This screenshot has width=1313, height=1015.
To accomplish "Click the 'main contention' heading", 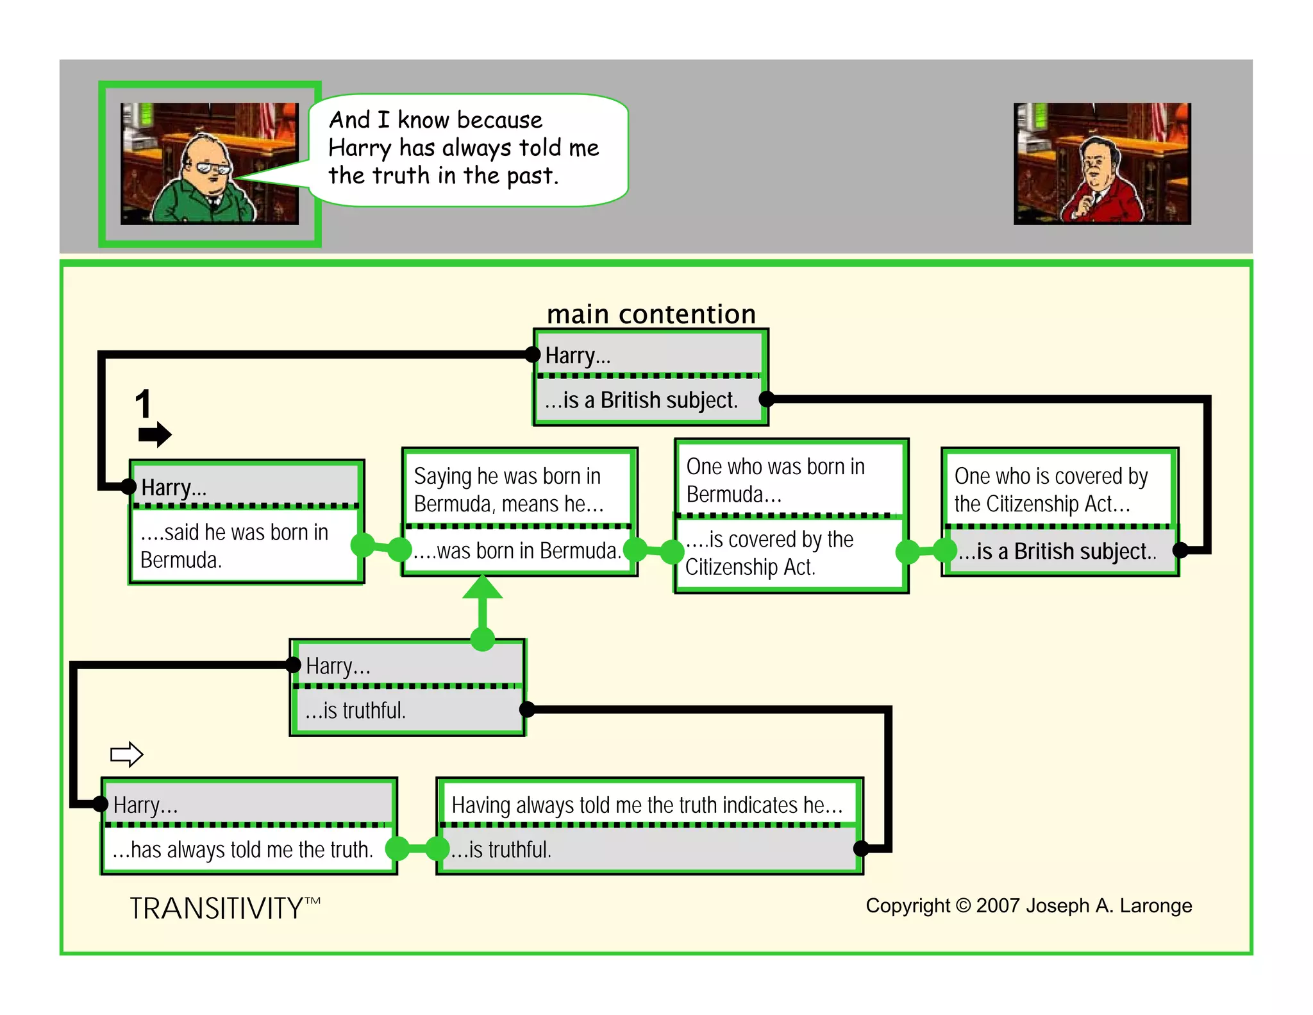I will [651, 314].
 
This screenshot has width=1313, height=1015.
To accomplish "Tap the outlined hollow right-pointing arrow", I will [126, 754].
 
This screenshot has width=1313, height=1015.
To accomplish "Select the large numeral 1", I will [142, 404].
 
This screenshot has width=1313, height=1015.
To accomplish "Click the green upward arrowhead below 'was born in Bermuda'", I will [482, 588].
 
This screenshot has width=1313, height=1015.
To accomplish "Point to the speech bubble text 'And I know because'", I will [435, 120].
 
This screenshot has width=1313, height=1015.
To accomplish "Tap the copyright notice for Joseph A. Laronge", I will [1028, 905].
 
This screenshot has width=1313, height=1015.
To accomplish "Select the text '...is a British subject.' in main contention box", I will [641, 400].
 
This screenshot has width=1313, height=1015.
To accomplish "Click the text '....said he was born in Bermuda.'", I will [235, 546].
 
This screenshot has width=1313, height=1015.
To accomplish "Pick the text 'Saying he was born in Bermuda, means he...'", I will [508, 490].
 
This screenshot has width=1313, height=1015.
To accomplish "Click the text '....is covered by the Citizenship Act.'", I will [769, 553].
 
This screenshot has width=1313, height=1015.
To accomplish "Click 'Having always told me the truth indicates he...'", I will [646, 805].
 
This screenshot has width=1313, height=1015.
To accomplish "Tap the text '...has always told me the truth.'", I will [242, 849].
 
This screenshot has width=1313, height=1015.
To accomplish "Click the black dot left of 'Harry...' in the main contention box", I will [533, 354].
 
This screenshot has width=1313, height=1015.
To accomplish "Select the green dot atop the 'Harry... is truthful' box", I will [482, 639].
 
